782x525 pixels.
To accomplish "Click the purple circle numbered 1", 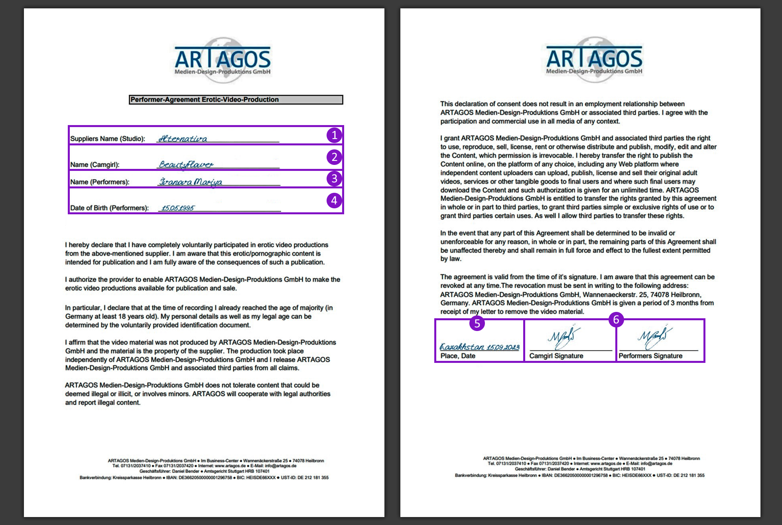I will (x=334, y=135).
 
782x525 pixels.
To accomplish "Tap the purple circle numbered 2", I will (x=334, y=157).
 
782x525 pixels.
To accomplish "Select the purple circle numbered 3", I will (x=334, y=178).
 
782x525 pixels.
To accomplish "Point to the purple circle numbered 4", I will (x=334, y=200).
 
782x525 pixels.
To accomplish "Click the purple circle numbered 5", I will (x=477, y=323).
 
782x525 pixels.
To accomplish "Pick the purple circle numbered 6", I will (x=616, y=319).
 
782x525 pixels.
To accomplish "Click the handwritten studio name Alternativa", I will (x=183, y=139).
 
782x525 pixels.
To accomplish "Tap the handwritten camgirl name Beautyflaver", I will (x=186, y=164).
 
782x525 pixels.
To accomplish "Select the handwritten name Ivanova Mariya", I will (x=190, y=182).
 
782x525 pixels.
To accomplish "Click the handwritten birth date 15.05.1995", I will (x=178, y=208).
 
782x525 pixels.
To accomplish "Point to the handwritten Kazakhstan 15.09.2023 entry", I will (x=479, y=347).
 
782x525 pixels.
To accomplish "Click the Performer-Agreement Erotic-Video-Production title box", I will (x=236, y=100).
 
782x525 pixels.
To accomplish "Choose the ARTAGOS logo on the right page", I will (x=594, y=60).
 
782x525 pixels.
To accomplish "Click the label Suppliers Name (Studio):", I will (x=108, y=139).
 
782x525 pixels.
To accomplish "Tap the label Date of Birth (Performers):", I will (x=109, y=208).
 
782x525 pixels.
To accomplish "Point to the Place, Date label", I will (x=458, y=356).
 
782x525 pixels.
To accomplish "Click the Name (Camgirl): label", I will (x=95, y=165).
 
